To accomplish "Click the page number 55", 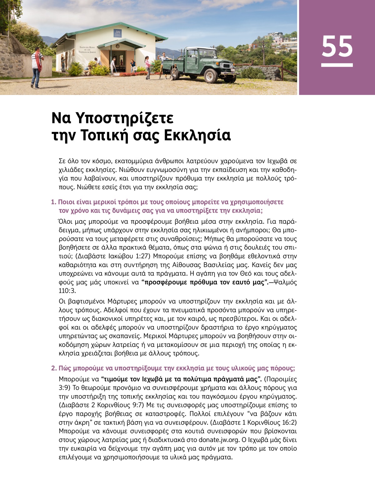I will pos(337,46).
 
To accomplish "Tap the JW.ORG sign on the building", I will pos(117,33).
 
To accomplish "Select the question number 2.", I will pos(53,368).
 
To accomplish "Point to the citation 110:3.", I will pos(67,291).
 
